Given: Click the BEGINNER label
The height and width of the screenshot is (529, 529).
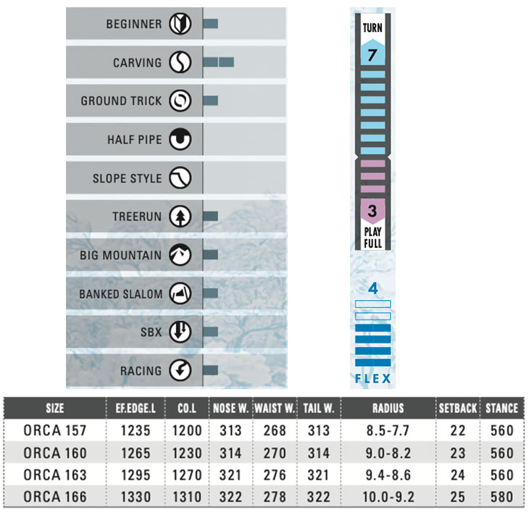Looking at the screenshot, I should tap(134, 24).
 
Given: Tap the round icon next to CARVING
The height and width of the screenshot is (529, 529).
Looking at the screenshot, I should tap(180, 63).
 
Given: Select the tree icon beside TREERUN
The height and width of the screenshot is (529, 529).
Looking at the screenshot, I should tap(180, 217).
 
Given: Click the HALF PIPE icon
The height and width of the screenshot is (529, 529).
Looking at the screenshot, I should tap(180, 140).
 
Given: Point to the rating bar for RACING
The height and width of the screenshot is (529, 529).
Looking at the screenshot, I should tap(211, 370).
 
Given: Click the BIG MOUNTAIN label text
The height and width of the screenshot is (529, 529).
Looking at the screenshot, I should tap(120, 255).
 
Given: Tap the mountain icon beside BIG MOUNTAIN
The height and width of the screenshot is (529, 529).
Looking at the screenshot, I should tap(180, 255).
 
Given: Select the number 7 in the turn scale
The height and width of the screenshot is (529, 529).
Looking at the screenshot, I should tap(372, 54).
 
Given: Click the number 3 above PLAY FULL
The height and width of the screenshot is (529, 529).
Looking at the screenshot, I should tap(372, 212).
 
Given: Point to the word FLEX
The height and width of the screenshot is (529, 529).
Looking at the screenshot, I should tap(373, 379).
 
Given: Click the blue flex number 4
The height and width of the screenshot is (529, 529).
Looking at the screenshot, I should tap(373, 288).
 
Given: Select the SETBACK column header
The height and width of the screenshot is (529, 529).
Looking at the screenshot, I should tap(457, 408).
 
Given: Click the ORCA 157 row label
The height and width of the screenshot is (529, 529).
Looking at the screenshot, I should tap(54, 430).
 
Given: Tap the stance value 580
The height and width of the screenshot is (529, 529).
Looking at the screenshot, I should tap(501, 498).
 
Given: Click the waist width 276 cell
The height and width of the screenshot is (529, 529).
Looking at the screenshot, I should tap(275, 475).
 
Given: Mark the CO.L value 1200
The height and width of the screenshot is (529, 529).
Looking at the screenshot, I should tap(187, 430).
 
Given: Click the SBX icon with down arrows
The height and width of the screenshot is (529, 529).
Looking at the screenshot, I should tap(180, 332).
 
